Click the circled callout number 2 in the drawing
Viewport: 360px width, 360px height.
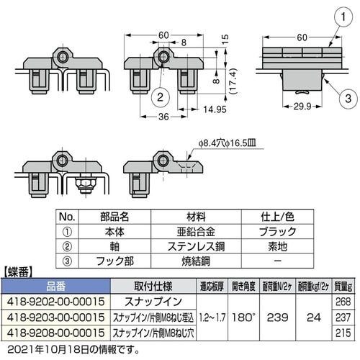click(x=162, y=92)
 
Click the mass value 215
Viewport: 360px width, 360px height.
click(x=343, y=331)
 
